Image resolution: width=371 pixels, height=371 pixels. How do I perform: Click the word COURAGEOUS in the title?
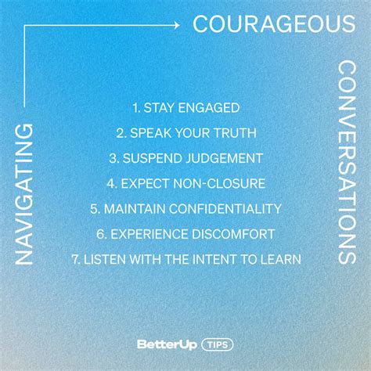[274, 23]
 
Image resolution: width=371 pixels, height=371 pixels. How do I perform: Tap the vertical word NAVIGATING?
[24, 194]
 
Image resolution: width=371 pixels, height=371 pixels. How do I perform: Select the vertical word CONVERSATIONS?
[347, 163]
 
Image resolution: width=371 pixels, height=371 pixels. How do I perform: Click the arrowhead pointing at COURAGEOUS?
[177, 25]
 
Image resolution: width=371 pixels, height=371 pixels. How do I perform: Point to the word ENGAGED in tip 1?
[208, 108]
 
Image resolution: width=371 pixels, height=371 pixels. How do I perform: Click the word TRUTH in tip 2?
[234, 133]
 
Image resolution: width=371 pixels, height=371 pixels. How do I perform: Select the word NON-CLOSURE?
[219, 183]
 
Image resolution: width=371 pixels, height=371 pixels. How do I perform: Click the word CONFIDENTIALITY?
[225, 209]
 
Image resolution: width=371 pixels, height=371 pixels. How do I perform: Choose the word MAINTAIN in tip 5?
[135, 209]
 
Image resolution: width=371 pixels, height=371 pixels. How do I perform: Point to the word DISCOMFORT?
[233, 234]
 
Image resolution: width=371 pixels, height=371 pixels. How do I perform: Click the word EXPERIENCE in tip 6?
[149, 234]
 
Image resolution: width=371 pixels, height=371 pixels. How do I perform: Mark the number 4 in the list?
[111, 184]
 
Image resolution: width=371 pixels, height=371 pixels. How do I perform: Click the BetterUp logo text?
[167, 344]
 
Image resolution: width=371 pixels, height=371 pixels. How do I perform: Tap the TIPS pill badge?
[218, 344]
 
